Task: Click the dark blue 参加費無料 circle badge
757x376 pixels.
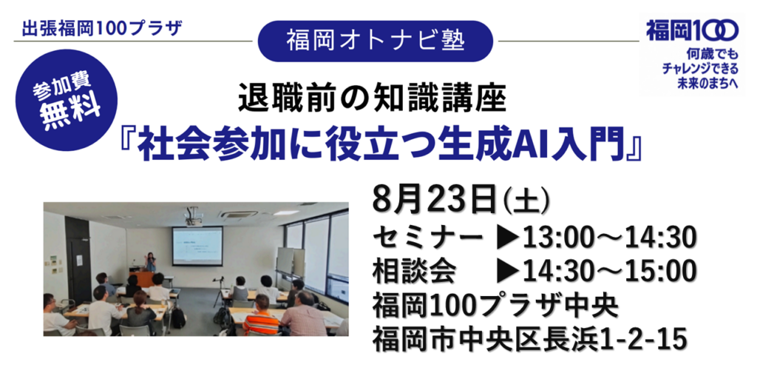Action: click(67, 100)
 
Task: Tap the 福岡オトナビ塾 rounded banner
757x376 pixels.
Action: click(376, 41)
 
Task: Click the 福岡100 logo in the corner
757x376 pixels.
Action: click(692, 30)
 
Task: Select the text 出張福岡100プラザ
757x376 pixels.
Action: click(102, 30)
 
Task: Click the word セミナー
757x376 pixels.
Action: click(427, 238)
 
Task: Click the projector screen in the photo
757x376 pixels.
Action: click(197, 246)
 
